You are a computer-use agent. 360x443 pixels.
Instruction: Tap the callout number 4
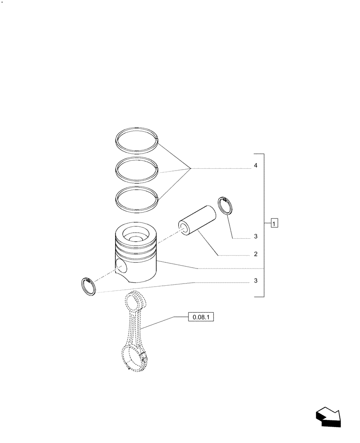tap(256, 166)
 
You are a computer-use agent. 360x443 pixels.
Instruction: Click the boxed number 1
tap(275, 223)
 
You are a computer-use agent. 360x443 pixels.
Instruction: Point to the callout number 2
tap(256, 255)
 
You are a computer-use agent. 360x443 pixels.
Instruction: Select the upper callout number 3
tap(256, 237)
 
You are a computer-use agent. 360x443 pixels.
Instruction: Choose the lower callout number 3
tap(256, 281)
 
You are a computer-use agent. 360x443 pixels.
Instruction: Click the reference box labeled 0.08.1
tap(201, 317)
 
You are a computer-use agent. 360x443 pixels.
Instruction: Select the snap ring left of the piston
tap(90, 286)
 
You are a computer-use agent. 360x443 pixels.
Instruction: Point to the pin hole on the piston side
tap(121, 265)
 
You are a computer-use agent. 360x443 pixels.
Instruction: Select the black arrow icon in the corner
tap(328, 418)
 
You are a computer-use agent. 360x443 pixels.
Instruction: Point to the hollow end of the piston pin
tap(183, 228)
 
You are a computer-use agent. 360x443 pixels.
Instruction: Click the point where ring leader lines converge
tap(191, 168)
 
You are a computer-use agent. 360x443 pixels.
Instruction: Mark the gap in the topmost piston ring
tap(157, 140)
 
